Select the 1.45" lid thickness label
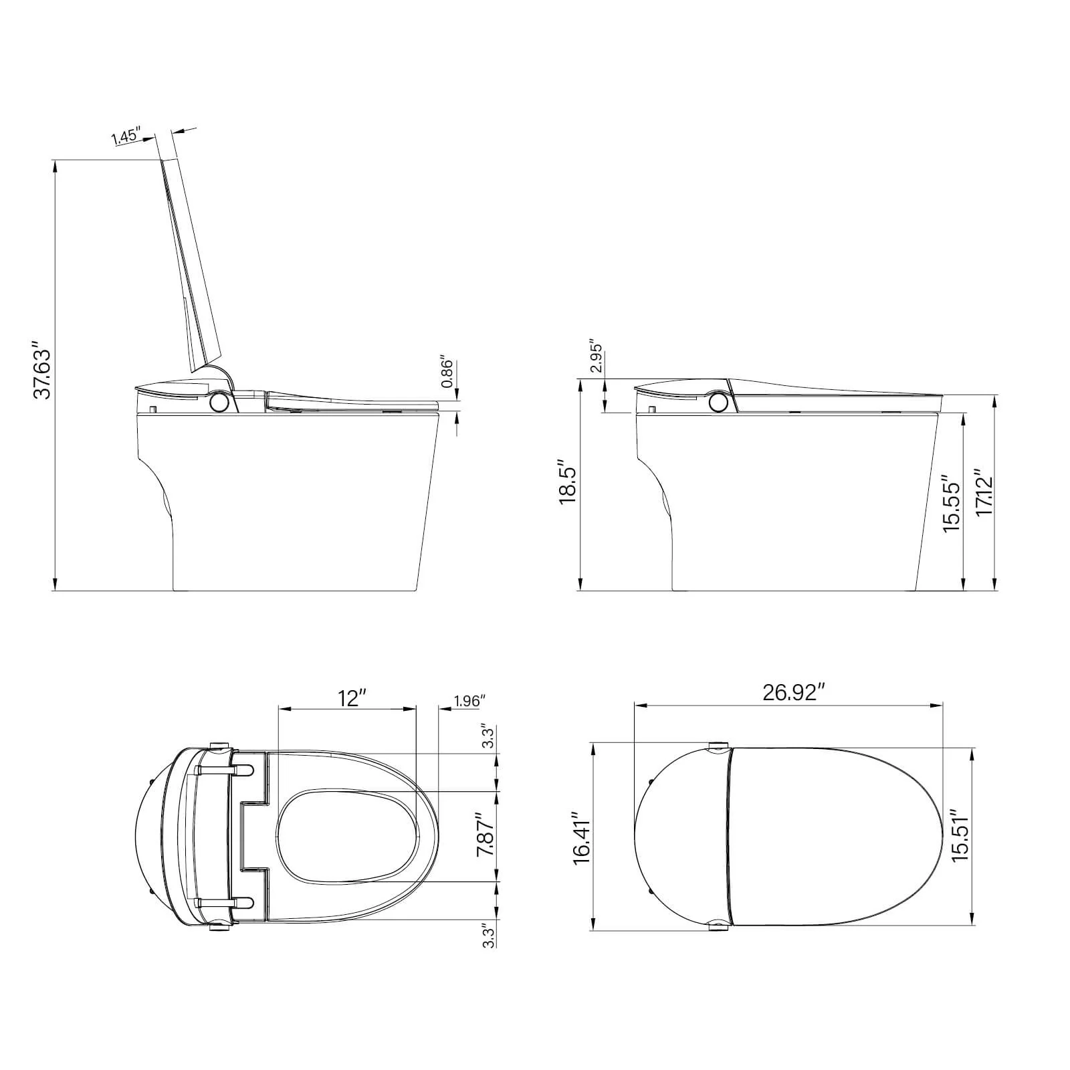tap(126, 136)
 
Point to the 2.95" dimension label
tap(597, 359)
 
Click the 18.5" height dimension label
tap(568, 481)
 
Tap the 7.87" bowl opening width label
tap(486, 835)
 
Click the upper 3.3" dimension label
tap(488, 738)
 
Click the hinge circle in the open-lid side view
tap(219, 402)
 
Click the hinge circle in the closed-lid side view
tap(718, 402)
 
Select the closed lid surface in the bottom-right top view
tap(836, 836)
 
